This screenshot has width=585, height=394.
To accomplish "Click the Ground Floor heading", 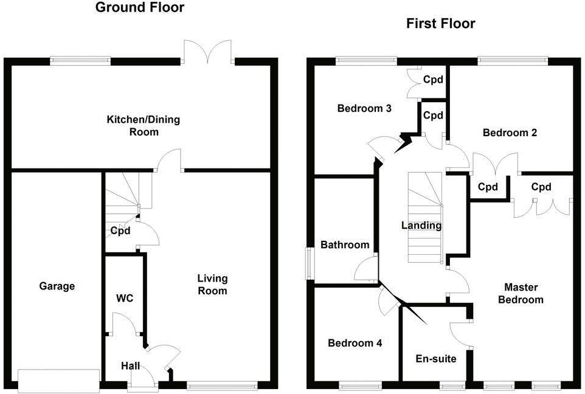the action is click(140, 8).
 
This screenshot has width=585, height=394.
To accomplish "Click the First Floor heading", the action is click(440, 24).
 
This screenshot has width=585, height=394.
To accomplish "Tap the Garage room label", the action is click(57, 286).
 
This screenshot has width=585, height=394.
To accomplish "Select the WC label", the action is click(125, 298).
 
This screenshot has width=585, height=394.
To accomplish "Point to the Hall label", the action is click(130, 365).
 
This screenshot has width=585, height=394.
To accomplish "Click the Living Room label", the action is click(212, 285).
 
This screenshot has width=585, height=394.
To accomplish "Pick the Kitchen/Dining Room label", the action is click(144, 125).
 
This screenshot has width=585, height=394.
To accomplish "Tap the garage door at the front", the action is click(59, 380).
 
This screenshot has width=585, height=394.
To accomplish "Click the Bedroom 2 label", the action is click(510, 133).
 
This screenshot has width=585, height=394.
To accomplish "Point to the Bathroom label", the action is click(345, 244).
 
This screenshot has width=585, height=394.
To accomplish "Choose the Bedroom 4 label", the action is click(355, 343).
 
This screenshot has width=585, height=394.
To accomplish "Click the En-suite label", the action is click(435, 359).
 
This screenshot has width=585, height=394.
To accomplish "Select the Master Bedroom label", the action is click(521, 293).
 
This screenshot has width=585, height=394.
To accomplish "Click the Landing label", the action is click(421, 226).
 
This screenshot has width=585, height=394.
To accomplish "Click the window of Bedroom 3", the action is click(365, 60).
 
